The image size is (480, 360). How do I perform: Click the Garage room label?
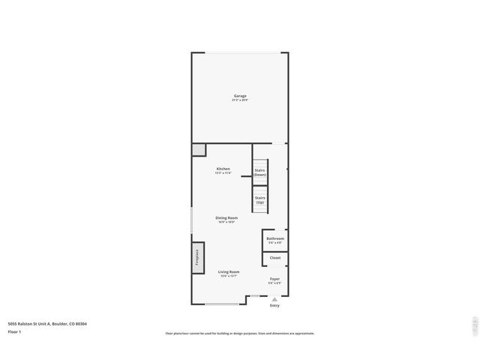[240, 96]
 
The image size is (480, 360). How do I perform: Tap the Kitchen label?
[223, 169]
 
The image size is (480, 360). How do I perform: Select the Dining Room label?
[226, 217]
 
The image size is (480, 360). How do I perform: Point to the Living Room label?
[229, 271]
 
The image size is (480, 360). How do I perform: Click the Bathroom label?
[275, 238]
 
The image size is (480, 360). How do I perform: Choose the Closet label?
[275, 258]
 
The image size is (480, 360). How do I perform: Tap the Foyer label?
[275, 278]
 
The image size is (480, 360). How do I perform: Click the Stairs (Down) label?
[259, 172]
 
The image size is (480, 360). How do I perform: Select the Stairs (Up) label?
[259, 199]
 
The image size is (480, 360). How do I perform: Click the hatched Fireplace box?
[199, 258]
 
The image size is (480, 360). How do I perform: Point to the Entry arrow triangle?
[274, 299]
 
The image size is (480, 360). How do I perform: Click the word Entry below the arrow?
[274, 305]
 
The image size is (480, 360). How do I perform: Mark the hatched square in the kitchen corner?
[199, 150]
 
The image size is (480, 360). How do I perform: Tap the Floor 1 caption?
[14, 331]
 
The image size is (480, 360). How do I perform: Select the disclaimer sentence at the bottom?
[240, 333]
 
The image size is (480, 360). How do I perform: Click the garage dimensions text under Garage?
[240, 100]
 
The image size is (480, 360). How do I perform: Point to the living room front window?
[223, 304]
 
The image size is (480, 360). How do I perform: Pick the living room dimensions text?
[229, 276]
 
